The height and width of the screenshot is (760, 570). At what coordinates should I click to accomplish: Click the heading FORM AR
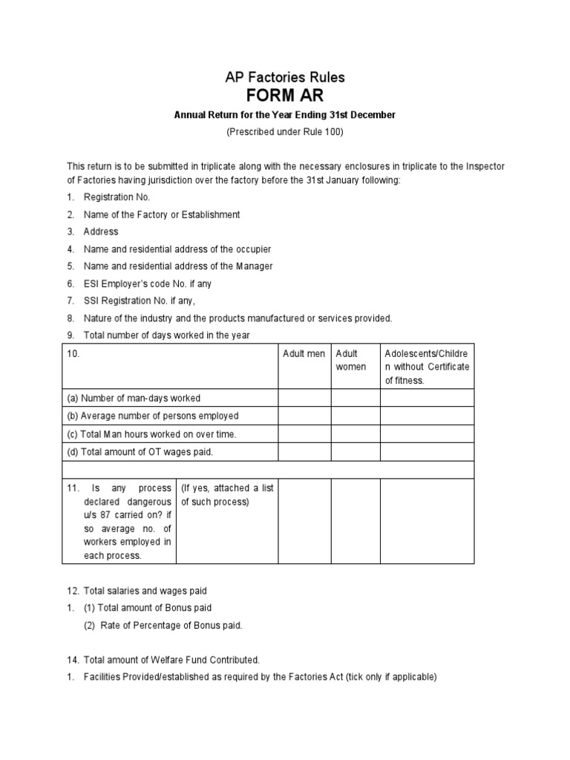[x=285, y=96]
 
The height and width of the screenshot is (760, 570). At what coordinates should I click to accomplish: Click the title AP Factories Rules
[x=285, y=77]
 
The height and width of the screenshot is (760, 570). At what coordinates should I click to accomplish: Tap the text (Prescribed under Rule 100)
[x=285, y=131]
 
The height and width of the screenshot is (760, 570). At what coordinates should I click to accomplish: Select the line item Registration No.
[x=117, y=197]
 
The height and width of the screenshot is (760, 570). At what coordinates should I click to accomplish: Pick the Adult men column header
[x=304, y=354]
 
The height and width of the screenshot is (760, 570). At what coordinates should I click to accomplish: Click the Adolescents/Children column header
[x=426, y=367]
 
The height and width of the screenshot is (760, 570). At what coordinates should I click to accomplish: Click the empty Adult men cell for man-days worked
[x=304, y=398]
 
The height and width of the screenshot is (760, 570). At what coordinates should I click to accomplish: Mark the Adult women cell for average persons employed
[x=356, y=416]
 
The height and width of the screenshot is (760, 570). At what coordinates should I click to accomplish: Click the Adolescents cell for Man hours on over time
[x=427, y=433]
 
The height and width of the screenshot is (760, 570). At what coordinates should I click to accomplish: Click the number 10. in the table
[x=73, y=354]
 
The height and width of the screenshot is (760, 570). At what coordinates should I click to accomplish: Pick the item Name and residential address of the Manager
[x=178, y=266]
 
